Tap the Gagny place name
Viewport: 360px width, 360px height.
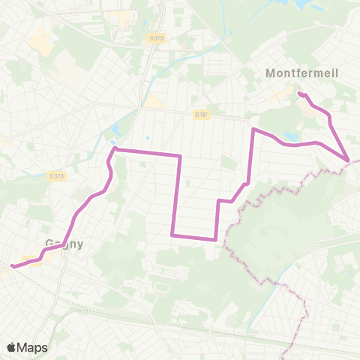click(64, 244)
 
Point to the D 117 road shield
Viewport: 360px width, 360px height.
click(200, 114)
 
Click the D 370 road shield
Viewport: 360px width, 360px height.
click(55, 176)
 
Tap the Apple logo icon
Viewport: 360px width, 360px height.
click(11, 347)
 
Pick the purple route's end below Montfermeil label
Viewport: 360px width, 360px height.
click(299, 94)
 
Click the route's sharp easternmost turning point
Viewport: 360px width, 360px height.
click(349, 160)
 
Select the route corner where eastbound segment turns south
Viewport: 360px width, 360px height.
click(180, 156)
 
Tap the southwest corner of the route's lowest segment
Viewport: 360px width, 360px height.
click(172, 235)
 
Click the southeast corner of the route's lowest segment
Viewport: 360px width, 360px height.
click(216, 239)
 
